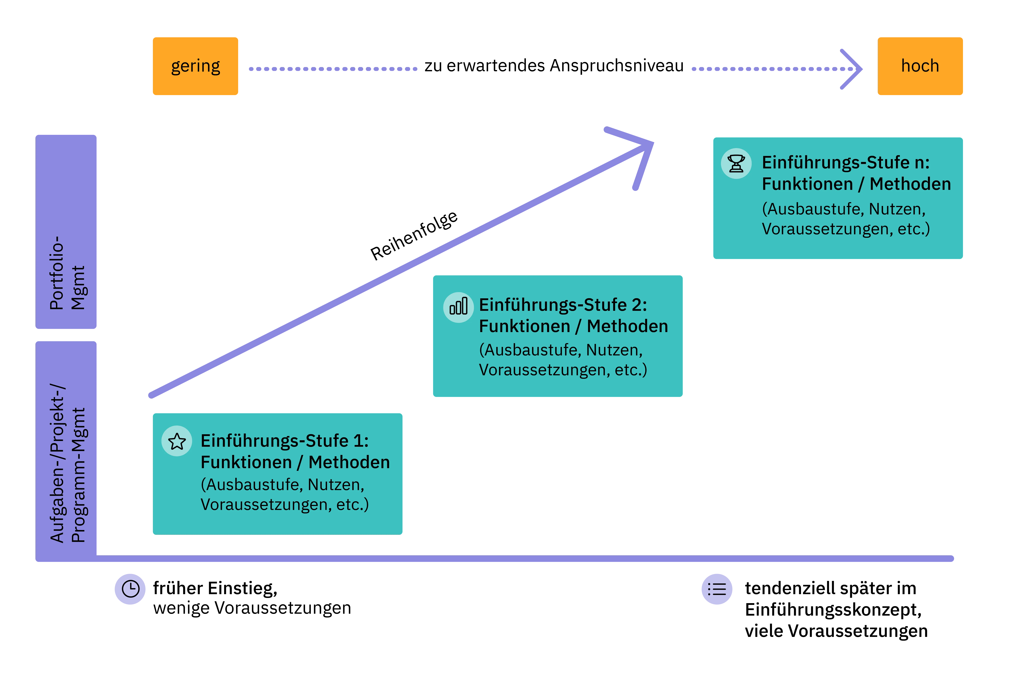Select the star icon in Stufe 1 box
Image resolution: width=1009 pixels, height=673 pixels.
(x=177, y=441)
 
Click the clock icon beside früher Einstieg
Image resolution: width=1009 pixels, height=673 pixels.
(x=130, y=589)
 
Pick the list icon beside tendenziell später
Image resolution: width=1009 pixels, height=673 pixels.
(x=717, y=589)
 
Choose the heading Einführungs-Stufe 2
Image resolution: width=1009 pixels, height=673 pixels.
(x=563, y=305)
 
